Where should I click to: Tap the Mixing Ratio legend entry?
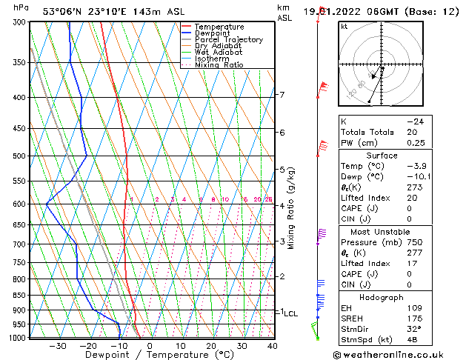pyautogui.click(x=219, y=65)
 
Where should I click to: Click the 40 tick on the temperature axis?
pyautogui.click(x=272, y=346)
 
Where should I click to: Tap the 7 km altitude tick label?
pyautogui.click(x=282, y=95)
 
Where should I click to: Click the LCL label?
pyautogui.click(x=291, y=314)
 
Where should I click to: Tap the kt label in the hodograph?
pyautogui.click(x=344, y=26)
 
